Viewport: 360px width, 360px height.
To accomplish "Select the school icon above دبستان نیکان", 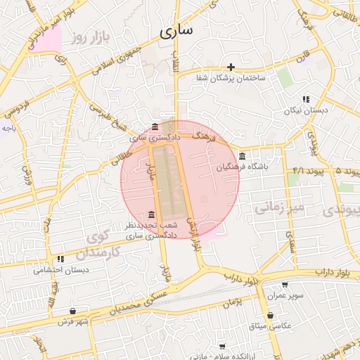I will pyautogui.click(x=305, y=100).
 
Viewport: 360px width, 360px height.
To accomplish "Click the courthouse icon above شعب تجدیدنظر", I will pyautogui.click(x=152, y=214).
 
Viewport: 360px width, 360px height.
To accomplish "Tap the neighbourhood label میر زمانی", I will pyautogui.click(x=278, y=207).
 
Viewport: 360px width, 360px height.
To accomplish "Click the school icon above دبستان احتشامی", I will pyautogui.click(x=61, y=259).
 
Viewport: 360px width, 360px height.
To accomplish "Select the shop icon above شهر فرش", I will pyautogui.click(x=73, y=311).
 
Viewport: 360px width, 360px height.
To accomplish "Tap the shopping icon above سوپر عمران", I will pyautogui.click(x=285, y=285).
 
